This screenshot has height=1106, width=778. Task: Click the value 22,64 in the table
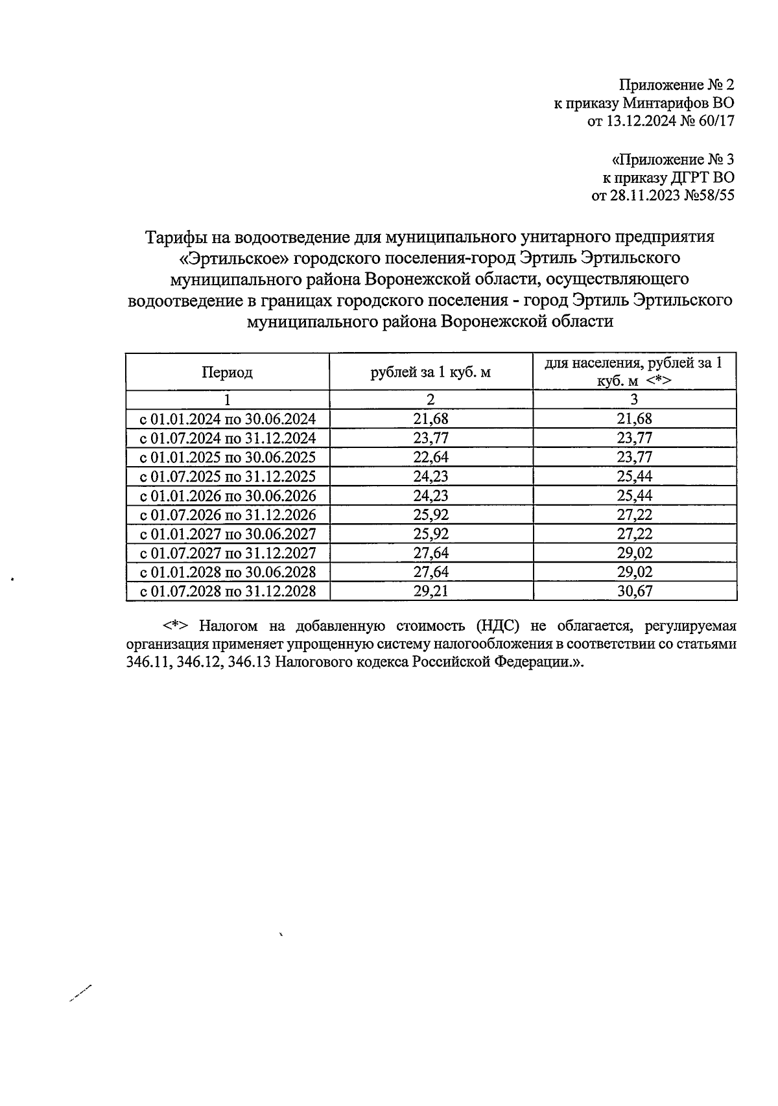[x=430, y=457]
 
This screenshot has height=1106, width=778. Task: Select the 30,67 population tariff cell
[x=634, y=591]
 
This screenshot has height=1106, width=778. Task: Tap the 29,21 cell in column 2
[x=430, y=591]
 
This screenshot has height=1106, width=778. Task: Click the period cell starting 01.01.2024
[x=228, y=419]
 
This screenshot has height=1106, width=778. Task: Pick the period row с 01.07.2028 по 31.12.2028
[x=228, y=591]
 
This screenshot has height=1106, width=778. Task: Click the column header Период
[x=227, y=372]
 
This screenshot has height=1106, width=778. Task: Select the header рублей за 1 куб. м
[x=430, y=372]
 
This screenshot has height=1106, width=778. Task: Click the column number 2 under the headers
[x=430, y=399]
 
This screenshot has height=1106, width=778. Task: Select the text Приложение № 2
[x=677, y=85]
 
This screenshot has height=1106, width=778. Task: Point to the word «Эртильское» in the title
[x=233, y=258]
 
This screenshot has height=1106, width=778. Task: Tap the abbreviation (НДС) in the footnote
[x=499, y=626]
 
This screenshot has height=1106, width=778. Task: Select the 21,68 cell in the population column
[x=634, y=419]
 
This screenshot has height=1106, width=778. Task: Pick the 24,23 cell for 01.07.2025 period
[x=430, y=477]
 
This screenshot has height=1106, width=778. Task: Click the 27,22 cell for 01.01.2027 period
[x=634, y=534]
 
